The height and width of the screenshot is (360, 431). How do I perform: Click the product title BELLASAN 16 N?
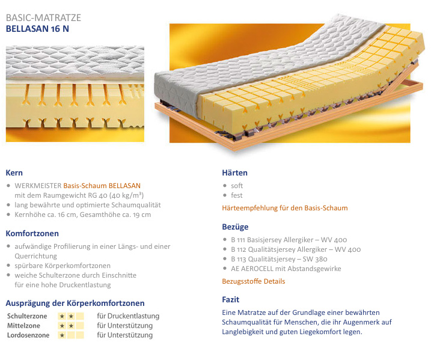[37, 29]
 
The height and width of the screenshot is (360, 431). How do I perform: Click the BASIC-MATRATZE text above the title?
[43, 17]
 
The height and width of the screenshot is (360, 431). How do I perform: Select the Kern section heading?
[14, 173]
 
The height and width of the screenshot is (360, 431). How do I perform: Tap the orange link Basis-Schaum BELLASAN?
[102, 186]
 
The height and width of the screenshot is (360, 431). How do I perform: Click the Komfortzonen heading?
[32, 234]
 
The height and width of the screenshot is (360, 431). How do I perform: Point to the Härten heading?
[235, 173]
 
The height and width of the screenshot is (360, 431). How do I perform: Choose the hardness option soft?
[237, 186]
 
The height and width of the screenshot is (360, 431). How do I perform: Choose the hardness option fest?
[237, 195]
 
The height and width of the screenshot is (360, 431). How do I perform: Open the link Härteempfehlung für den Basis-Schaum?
[285, 208]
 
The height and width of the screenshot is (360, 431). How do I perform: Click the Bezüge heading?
[235, 227]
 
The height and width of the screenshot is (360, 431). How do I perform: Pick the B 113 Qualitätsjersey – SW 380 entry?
[279, 259]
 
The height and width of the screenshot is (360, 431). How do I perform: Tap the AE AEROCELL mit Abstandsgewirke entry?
[286, 269]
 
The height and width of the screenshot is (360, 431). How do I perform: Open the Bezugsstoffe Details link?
[254, 281]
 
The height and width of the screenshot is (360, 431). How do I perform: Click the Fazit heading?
[231, 299]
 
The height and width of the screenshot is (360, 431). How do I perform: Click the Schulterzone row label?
[27, 316]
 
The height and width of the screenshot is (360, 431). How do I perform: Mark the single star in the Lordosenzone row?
[62, 335]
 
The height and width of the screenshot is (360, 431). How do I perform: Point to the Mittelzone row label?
[23, 326]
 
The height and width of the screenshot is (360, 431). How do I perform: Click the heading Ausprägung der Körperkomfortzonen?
[75, 303]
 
